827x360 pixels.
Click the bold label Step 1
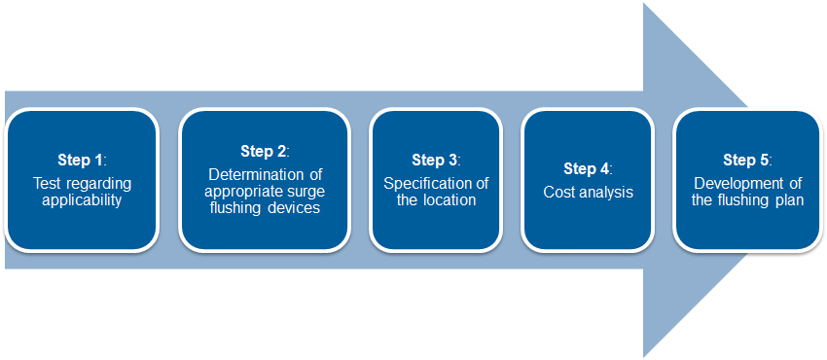tap(79, 160)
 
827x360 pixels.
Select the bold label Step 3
tap(434, 160)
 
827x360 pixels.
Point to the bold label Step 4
tap(586, 168)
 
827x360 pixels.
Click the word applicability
tap(83, 200)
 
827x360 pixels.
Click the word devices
tap(293, 207)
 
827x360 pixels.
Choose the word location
tap(449, 200)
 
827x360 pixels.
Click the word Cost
tap(558, 193)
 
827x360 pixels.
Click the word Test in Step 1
tap(45, 184)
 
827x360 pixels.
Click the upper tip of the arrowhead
tap(644, 3)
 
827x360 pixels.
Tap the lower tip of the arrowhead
tap(644, 357)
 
